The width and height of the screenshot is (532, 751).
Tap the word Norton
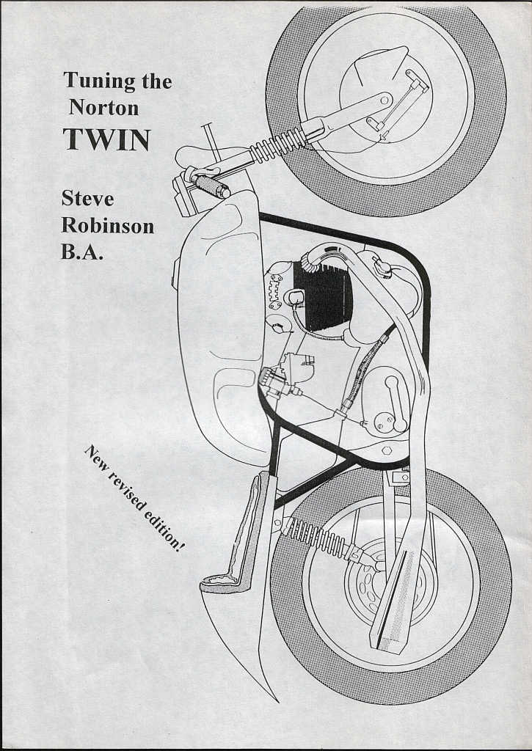point(104,107)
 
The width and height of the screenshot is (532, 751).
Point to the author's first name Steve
point(87,199)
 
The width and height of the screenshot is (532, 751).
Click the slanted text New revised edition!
point(133,498)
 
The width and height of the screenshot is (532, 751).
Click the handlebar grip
point(213,187)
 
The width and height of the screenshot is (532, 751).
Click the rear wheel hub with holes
point(382,584)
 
